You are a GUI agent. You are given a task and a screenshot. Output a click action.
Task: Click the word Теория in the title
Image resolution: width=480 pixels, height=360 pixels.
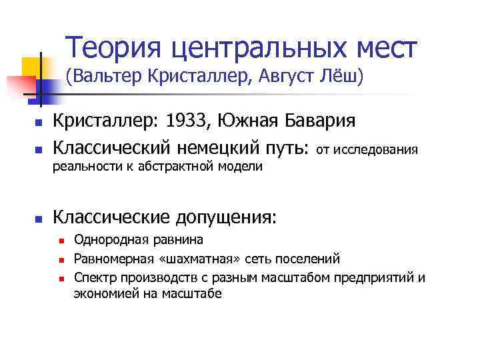[x=112, y=48]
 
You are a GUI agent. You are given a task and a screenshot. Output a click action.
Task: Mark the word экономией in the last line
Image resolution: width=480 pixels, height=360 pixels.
[x=102, y=293]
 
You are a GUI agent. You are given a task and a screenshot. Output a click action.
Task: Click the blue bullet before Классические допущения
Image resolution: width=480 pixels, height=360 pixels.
[x=39, y=219]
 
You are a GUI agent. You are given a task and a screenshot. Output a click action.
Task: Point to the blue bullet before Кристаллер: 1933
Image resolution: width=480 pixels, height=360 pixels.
[x=39, y=123]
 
